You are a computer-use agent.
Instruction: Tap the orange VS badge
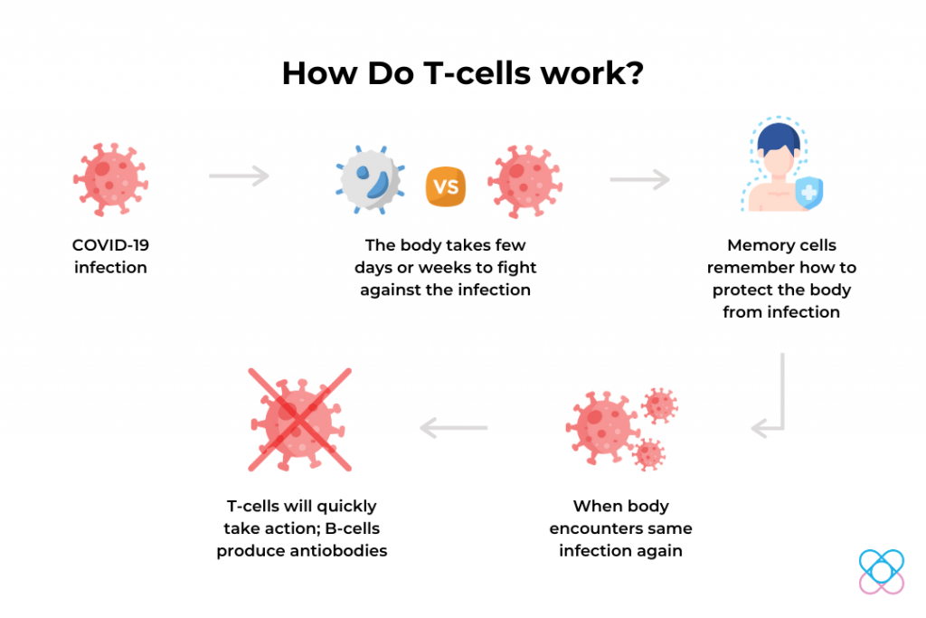click(x=445, y=186)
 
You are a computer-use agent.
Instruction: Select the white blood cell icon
click(x=370, y=180)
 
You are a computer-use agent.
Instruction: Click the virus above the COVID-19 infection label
click(x=110, y=179)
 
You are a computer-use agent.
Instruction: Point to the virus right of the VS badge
click(x=524, y=181)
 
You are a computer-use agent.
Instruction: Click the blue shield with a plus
click(x=809, y=193)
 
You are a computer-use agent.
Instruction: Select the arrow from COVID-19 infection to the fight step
click(x=239, y=176)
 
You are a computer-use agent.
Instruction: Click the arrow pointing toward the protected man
click(x=640, y=179)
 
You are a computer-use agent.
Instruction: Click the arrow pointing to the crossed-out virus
click(x=454, y=427)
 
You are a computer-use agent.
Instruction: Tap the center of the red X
click(x=299, y=420)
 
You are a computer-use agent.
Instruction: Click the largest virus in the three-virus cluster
click(x=602, y=427)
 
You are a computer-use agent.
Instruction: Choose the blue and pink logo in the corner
click(x=881, y=571)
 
